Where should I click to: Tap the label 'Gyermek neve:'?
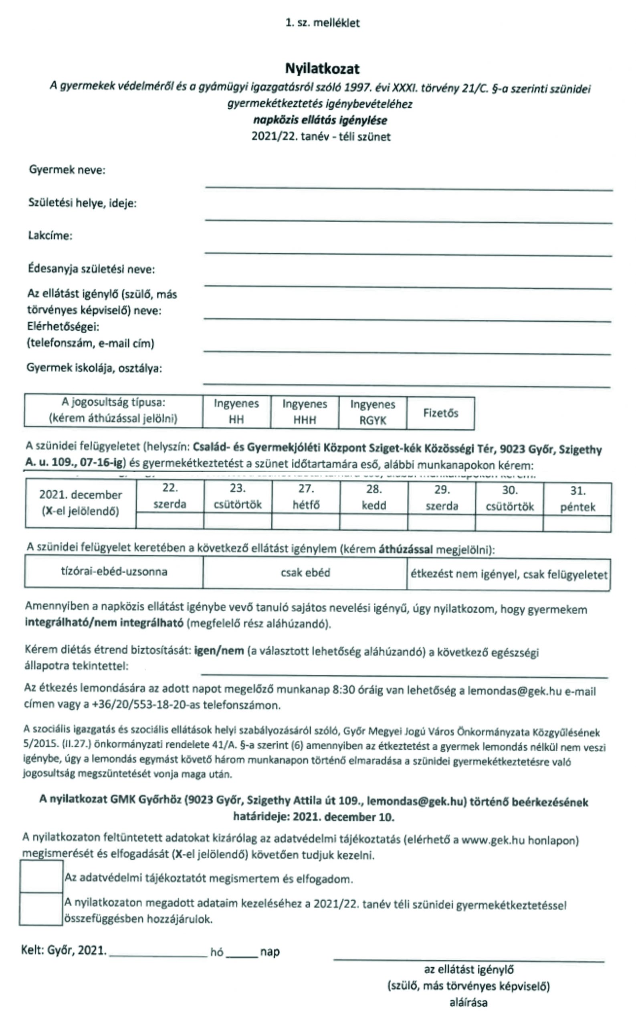pyautogui.click(x=67, y=170)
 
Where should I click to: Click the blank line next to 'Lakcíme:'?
pyautogui.click(x=408, y=252)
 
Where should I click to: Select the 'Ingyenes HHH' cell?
pyautogui.click(x=305, y=412)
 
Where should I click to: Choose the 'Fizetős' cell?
pyautogui.click(x=440, y=413)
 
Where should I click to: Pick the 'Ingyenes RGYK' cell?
pyautogui.click(x=373, y=412)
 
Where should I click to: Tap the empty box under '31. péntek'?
pyautogui.click(x=577, y=524)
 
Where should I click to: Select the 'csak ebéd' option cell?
pyautogui.click(x=305, y=572)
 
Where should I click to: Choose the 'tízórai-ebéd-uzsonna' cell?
pyautogui.click(x=114, y=571)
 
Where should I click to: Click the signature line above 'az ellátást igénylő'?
pyautogui.click(x=468, y=960)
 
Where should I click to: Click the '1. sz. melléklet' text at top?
pyautogui.click(x=322, y=23)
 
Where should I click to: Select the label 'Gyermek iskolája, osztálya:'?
pyautogui.click(x=94, y=368)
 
